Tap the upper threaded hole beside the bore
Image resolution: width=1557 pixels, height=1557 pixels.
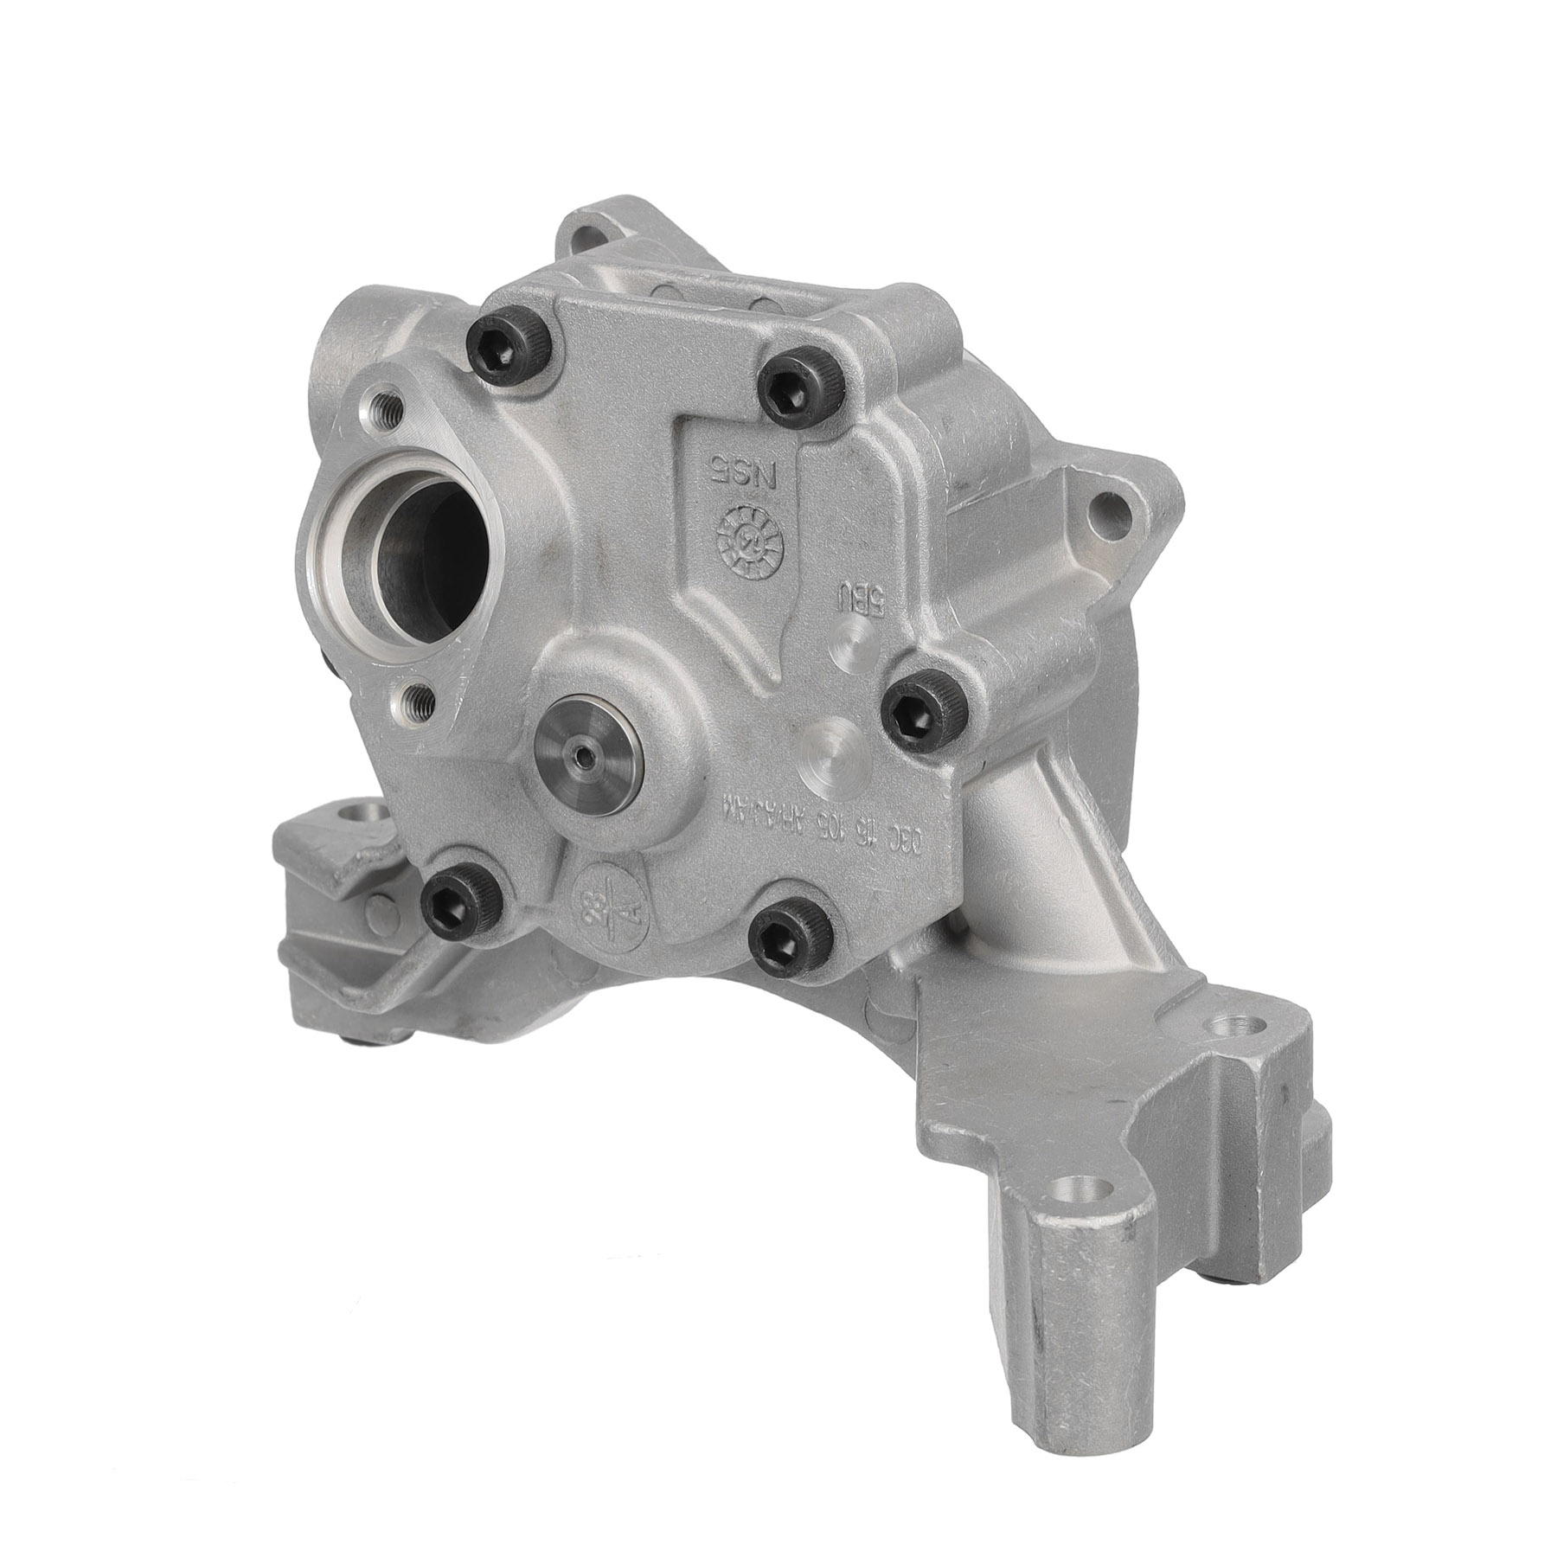point(381,403)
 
